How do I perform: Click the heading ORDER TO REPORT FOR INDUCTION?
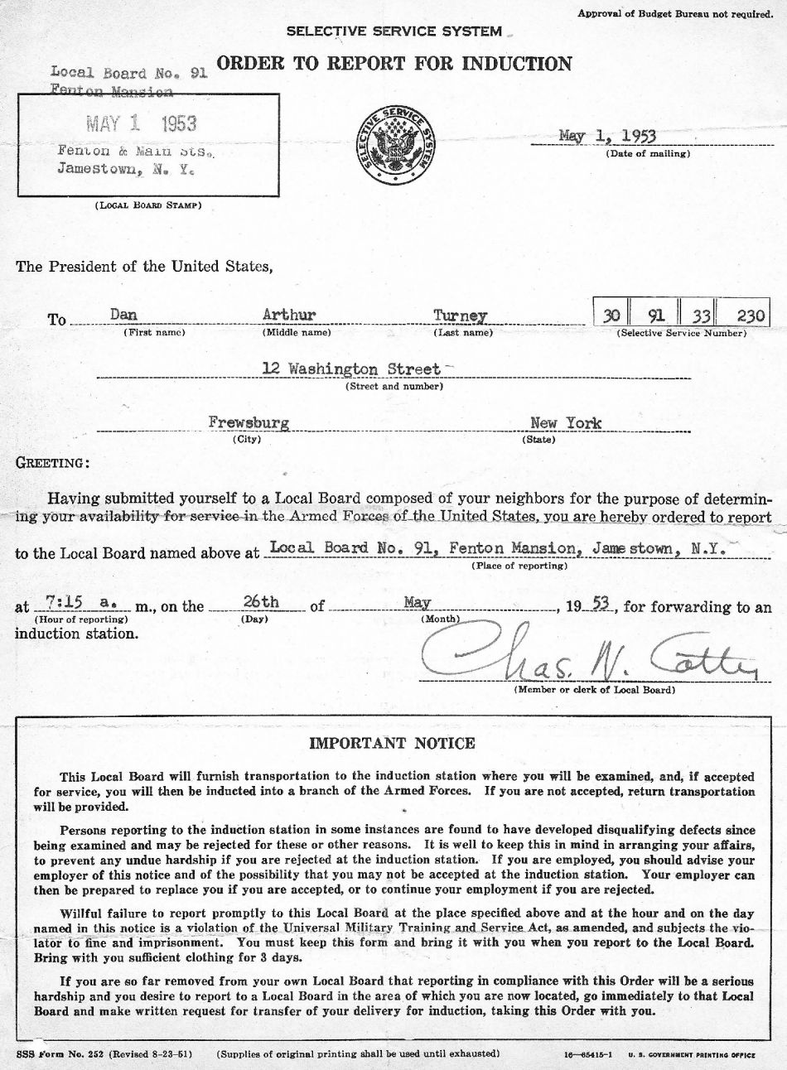click(393, 64)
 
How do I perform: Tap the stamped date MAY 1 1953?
click(142, 124)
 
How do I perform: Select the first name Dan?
click(123, 315)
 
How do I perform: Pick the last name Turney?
click(460, 316)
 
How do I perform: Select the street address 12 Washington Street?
click(352, 369)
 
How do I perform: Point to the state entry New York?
click(566, 422)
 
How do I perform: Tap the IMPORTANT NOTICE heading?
click(392, 743)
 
